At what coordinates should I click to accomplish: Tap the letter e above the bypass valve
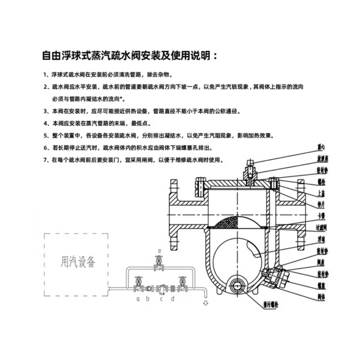159,249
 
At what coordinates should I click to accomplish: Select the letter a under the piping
137,298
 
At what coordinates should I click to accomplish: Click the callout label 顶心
320,147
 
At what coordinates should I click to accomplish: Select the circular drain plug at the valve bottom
237,284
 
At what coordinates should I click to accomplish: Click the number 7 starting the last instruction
45,160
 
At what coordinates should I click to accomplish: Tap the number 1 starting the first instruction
45,74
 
